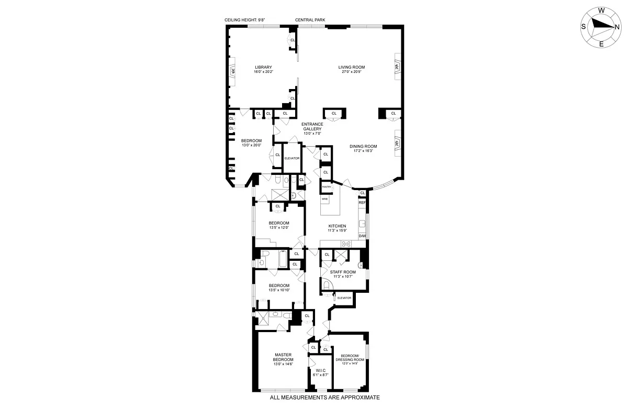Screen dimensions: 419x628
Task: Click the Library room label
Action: [x=263, y=67]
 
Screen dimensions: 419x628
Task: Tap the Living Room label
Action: [x=351, y=67]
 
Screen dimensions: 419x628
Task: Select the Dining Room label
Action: [x=363, y=146]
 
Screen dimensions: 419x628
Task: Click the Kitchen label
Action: [x=337, y=226]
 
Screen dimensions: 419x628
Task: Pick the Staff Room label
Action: [x=343, y=272]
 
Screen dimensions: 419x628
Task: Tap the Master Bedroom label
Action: [x=283, y=357]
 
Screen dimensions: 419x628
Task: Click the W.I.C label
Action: [x=321, y=370]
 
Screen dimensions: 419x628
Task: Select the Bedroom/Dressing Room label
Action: [x=350, y=357]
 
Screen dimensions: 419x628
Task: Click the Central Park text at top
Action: [x=310, y=20]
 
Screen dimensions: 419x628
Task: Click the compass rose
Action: [x=601, y=27]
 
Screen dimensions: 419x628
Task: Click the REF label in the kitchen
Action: [x=362, y=202]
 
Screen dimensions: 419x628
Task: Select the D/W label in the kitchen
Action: [x=362, y=236]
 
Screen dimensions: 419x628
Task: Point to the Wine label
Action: [x=324, y=200]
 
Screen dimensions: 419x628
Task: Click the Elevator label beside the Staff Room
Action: [x=344, y=298]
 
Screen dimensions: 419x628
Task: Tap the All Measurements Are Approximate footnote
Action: [x=324, y=398]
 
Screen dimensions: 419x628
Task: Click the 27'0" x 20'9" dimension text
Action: [x=351, y=72]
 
